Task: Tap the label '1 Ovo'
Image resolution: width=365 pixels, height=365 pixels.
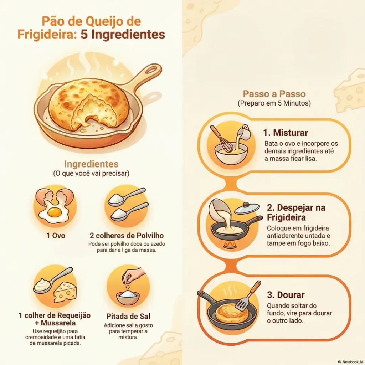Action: click(55, 236)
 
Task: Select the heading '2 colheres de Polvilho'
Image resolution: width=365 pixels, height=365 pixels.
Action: click(127, 236)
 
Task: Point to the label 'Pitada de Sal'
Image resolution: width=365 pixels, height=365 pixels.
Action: click(128, 316)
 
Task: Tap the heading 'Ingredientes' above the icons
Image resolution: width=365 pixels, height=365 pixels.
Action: click(91, 164)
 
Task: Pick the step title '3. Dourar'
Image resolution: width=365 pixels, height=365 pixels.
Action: click(286, 295)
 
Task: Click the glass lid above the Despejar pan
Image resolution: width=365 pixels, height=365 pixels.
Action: click(247, 209)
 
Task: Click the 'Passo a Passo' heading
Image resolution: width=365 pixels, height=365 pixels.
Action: click(274, 94)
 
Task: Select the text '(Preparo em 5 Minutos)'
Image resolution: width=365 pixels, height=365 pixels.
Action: click(274, 103)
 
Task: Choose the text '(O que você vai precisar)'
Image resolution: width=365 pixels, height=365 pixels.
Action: click(91, 174)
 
